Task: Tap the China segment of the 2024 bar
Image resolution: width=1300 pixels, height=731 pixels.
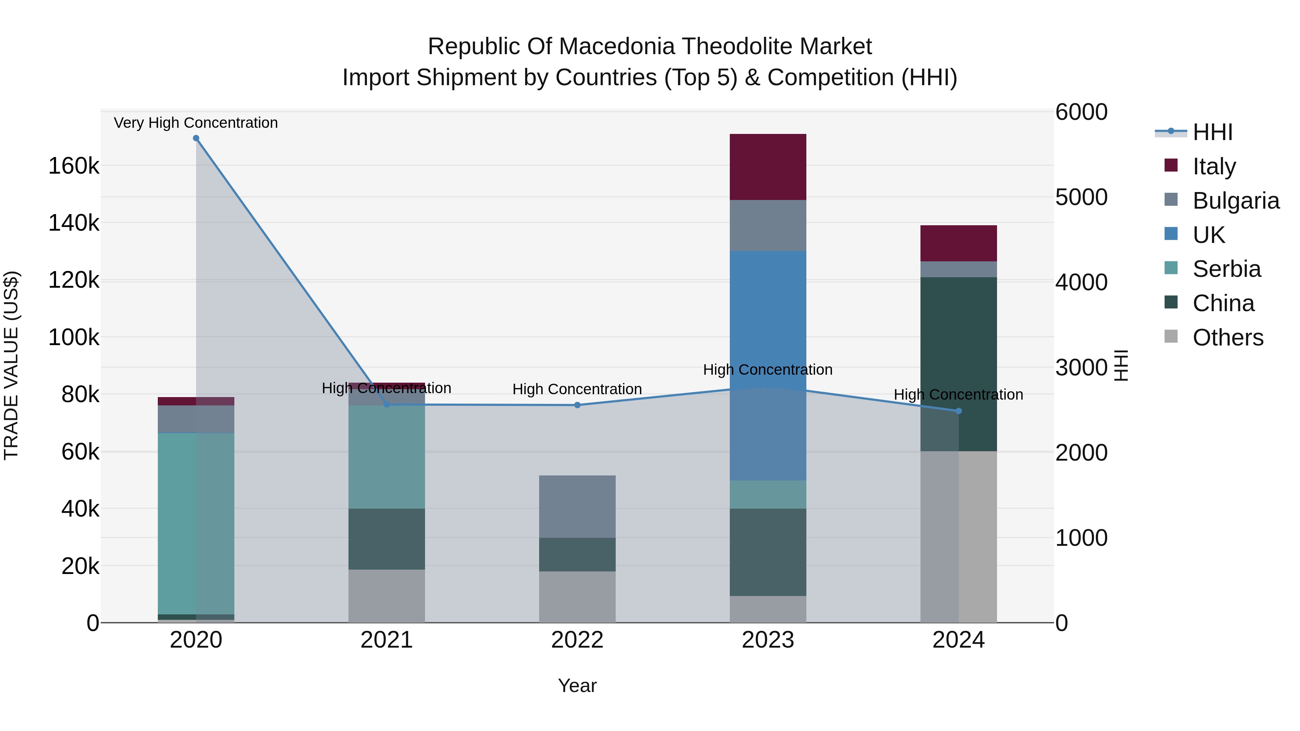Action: (x=978, y=353)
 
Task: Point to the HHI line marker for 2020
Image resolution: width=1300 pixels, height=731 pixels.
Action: (x=196, y=138)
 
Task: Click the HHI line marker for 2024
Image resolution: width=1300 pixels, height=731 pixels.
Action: (x=959, y=411)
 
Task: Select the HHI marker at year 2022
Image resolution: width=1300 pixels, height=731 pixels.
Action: (x=577, y=405)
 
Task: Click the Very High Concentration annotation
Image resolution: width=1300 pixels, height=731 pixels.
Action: (x=196, y=123)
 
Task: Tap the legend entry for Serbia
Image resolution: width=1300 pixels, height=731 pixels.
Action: (x=1226, y=269)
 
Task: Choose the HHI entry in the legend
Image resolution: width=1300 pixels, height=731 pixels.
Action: (x=1212, y=132)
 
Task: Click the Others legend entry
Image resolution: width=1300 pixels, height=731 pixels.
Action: (x=1227, y=338)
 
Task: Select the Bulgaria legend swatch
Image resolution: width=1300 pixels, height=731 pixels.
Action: (x=1171, y=200)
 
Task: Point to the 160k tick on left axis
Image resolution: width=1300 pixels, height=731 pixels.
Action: (x=74, y=166)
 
